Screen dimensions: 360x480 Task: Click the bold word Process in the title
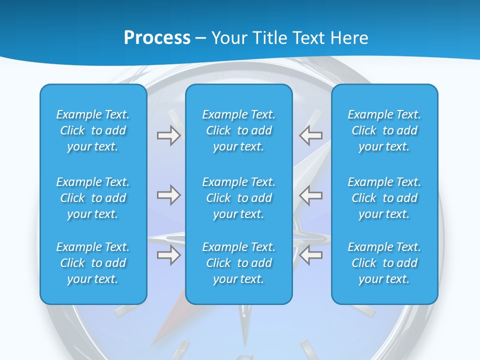click(157, 38)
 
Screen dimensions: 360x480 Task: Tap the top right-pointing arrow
click(169, 135)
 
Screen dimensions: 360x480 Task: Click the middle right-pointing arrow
click(169, 195)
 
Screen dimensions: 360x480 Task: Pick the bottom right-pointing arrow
click(169, 255)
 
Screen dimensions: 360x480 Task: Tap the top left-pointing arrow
click(311, 135)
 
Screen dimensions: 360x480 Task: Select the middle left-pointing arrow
click(311, 195)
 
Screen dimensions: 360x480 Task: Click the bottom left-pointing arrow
click(311, 255)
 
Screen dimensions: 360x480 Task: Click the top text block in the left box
click(93, 130)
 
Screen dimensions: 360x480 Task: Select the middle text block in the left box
click(93, 198)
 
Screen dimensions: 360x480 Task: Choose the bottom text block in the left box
click(93, 263)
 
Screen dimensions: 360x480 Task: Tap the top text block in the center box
click(238, 130)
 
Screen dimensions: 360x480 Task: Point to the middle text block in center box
click(238, 198)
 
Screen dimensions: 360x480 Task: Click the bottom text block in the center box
click(238, 263)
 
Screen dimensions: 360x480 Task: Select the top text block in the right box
click(384, 130)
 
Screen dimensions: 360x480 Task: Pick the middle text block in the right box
click(384, 198)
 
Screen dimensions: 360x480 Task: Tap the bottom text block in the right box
click(384, 263)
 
